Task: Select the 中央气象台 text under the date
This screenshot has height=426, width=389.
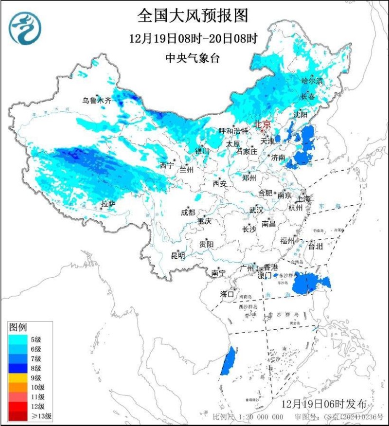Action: (x=193, y=59)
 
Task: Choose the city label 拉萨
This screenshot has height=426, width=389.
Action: (x=108, y=204)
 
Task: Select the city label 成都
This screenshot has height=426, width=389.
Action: (x=188, y=213)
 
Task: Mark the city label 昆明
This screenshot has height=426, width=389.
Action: (x=177, y=255)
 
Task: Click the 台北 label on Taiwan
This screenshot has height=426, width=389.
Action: (x=315, y=247)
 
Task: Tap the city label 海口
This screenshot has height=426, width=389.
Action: (x=227, y=294)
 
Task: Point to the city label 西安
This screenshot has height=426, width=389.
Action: (x=220, y=184)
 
